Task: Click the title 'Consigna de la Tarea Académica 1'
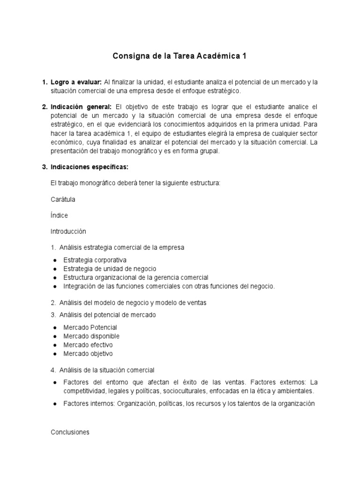click(180, 56)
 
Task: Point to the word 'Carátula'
click(63, 199)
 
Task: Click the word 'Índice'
click(59, 215)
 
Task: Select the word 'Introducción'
click(68, 231)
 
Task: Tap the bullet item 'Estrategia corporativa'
click(95, 260)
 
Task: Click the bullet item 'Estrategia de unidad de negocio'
click(109, 269)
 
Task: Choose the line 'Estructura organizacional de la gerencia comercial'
click(135, 277)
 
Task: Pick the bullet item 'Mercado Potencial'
click(90, 327)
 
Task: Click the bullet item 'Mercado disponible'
click(91, 336)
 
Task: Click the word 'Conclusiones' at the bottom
click(70, 432)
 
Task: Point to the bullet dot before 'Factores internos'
click(55, 404)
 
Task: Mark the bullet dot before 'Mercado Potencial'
click(55, 328)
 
